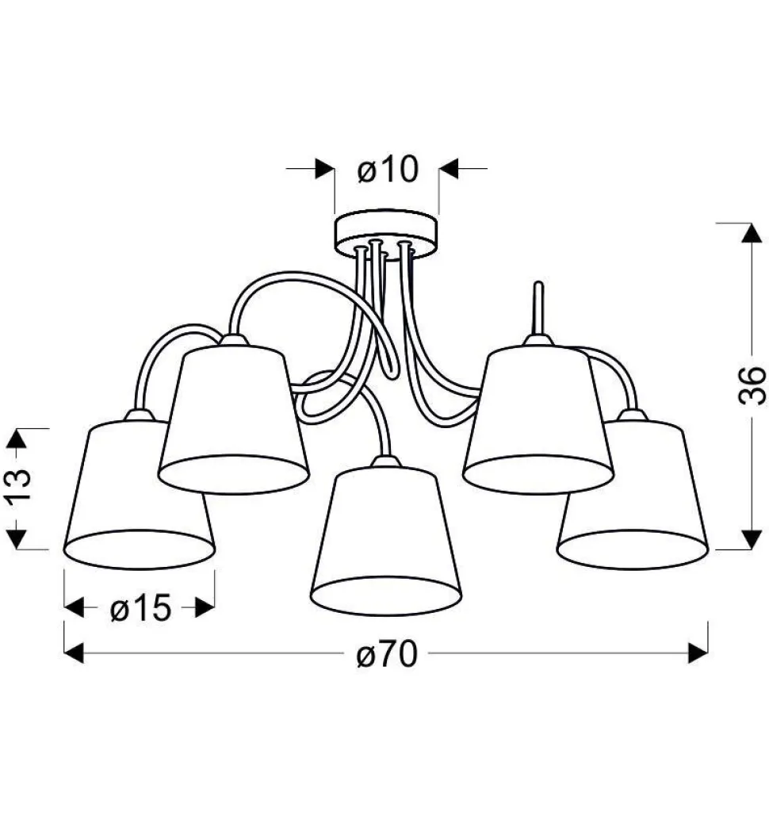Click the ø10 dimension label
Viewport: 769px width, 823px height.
[x=388, y=170]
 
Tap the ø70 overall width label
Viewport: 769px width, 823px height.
[x=387, y=655]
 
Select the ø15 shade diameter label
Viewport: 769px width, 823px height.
[x=140, y=609]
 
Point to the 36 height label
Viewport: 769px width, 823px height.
[x=752, y=385]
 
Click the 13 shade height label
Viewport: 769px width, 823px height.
[x=19, y=483]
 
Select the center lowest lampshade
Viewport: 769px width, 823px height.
[x=387, y=541]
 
